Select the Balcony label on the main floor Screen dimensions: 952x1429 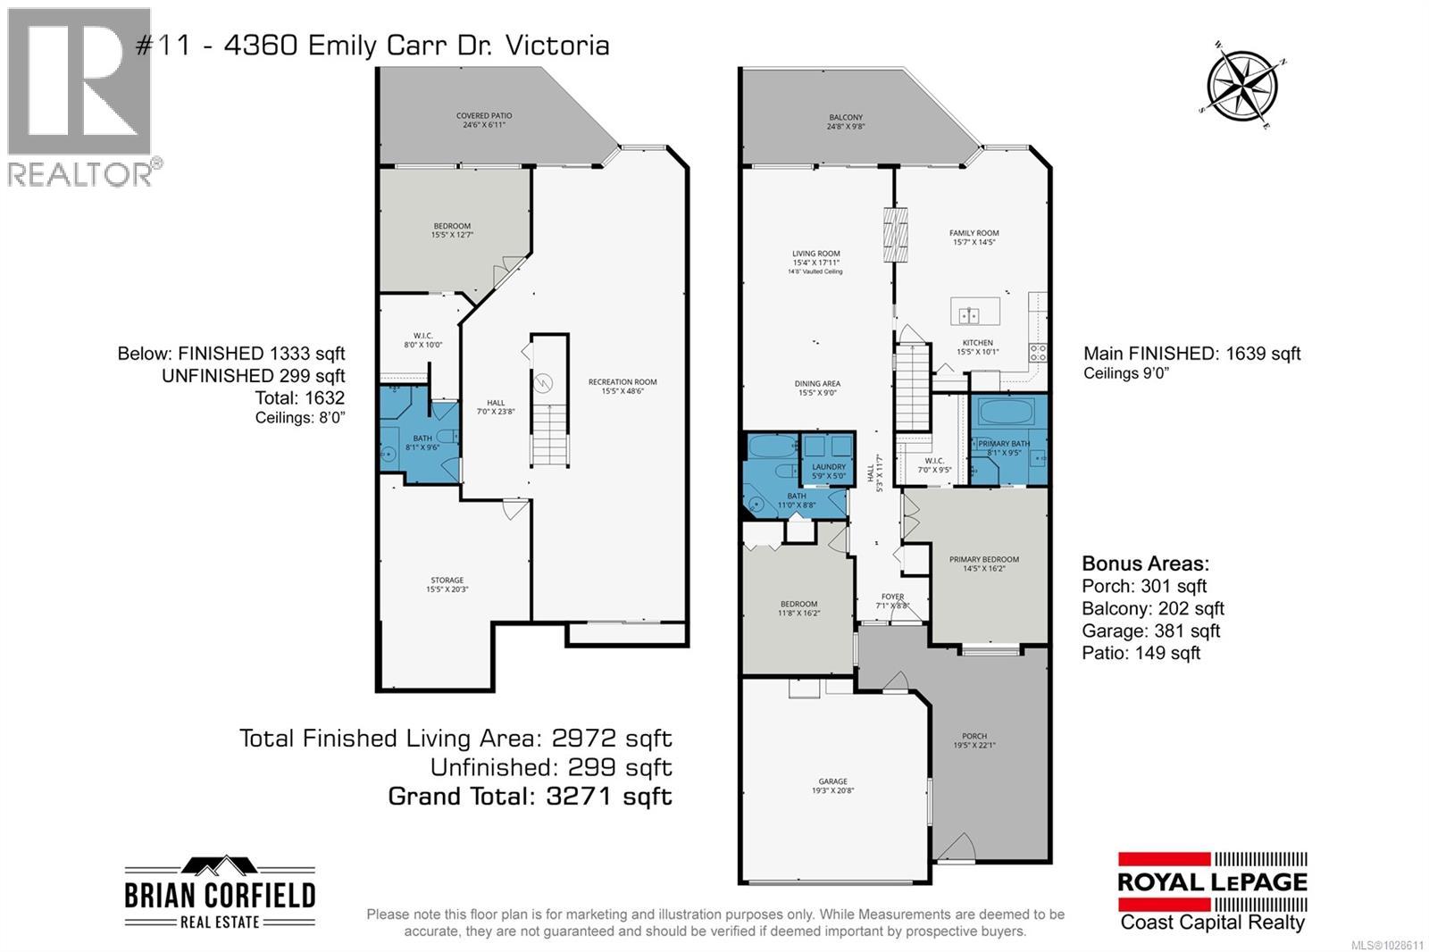point(846,121)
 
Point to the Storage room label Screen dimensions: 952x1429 point(447,584)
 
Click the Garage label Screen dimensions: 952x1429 point(833,785)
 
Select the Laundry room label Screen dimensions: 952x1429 point(829,471)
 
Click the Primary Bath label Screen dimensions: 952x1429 point(1004,447)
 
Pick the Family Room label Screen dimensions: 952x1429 point(974,237)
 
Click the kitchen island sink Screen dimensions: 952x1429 point(968,314)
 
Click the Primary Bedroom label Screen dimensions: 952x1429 point(984,564)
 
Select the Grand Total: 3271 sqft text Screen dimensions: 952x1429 point(530,797)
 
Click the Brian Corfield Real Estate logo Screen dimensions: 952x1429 point(220,892)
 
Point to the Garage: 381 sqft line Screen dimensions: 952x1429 point(1150,631)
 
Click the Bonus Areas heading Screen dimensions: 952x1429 point(1145,564)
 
